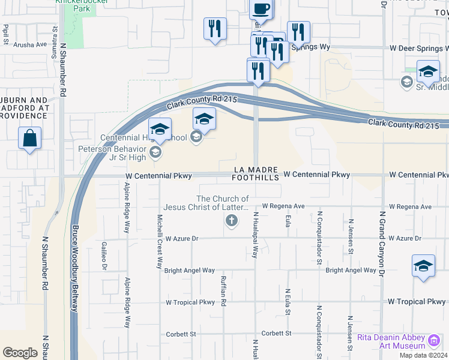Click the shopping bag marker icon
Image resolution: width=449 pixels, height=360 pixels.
29,139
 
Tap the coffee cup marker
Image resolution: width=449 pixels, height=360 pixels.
261,9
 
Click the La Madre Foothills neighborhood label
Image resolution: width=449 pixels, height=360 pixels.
256,174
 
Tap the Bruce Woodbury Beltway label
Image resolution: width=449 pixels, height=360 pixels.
75,268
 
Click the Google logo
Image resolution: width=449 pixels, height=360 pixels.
20,353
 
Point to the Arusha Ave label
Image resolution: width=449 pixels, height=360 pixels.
29,45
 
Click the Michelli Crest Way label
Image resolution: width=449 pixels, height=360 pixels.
159,241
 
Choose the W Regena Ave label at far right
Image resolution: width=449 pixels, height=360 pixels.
410,207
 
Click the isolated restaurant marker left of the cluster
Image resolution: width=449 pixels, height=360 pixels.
215,29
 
